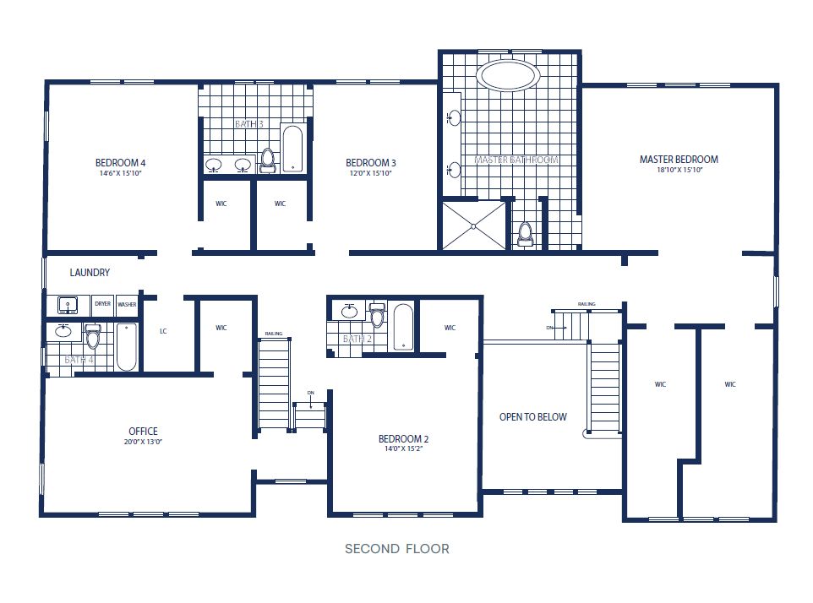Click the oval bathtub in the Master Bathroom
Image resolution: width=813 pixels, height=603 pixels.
509,75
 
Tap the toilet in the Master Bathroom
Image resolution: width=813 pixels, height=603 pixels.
525,233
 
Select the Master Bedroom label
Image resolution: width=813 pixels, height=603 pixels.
679,159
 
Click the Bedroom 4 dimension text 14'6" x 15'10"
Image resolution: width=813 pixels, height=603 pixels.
120,173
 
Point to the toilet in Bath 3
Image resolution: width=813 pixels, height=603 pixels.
268,160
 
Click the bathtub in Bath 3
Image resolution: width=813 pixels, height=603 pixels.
292,149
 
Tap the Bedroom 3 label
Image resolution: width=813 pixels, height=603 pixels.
371,163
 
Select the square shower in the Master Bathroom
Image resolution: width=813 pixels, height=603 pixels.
473,225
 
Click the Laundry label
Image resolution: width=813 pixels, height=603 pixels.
90,273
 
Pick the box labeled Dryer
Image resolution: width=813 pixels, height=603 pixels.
103,304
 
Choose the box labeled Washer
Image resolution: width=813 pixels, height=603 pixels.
127,304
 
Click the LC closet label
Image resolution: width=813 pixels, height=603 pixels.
164,331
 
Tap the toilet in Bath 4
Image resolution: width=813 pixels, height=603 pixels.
93,336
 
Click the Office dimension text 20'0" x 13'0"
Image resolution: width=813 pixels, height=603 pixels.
142,442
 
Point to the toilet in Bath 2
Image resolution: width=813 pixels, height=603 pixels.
377,315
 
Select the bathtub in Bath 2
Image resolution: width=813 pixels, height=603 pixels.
403,326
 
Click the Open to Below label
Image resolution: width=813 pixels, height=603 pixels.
532,417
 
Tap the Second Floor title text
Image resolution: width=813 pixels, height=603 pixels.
396,549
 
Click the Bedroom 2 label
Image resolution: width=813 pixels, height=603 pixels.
403,439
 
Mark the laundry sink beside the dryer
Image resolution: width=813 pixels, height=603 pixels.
66,304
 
